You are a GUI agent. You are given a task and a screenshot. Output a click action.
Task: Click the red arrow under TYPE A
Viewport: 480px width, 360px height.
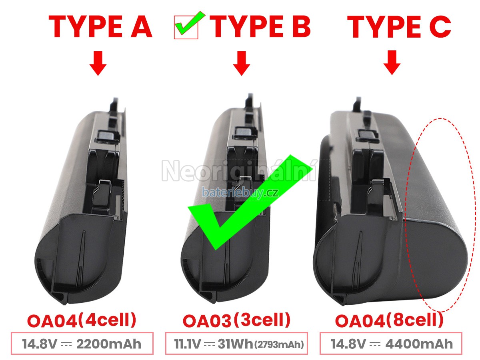(x=98, y=63)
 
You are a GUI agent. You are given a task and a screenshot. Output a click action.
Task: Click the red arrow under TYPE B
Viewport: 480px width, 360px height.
(x=242, y=63)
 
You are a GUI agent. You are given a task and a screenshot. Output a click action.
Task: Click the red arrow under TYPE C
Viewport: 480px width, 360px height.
(x=392, y=63)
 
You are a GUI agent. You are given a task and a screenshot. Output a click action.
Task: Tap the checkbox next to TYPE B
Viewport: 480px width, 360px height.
(x=186, y=27)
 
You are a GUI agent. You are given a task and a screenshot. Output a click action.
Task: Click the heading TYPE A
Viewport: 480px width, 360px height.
(x=100, y=27)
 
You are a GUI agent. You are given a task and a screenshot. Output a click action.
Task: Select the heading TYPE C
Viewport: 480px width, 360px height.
(x=399, y=27)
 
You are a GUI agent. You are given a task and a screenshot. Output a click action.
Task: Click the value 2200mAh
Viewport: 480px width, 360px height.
(x=109, y=344)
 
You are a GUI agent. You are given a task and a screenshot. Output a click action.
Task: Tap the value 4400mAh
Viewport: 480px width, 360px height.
(x=419, y=344)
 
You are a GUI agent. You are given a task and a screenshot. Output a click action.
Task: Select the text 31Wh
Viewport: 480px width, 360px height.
(x=235, y=344)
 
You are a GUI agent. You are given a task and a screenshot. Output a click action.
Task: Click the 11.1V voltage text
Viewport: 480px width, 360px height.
(x=187, y=344)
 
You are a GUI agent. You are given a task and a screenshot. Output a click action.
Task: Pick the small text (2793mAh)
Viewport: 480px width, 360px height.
(x=279, y=345)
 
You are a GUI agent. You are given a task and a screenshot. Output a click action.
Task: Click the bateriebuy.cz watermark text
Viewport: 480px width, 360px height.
(x=240, y=192)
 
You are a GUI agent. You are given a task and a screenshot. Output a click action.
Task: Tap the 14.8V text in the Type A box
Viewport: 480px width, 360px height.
(x=39, y=344)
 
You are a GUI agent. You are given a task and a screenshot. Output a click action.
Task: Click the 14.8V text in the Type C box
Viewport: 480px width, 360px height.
(x=348, y=344)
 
